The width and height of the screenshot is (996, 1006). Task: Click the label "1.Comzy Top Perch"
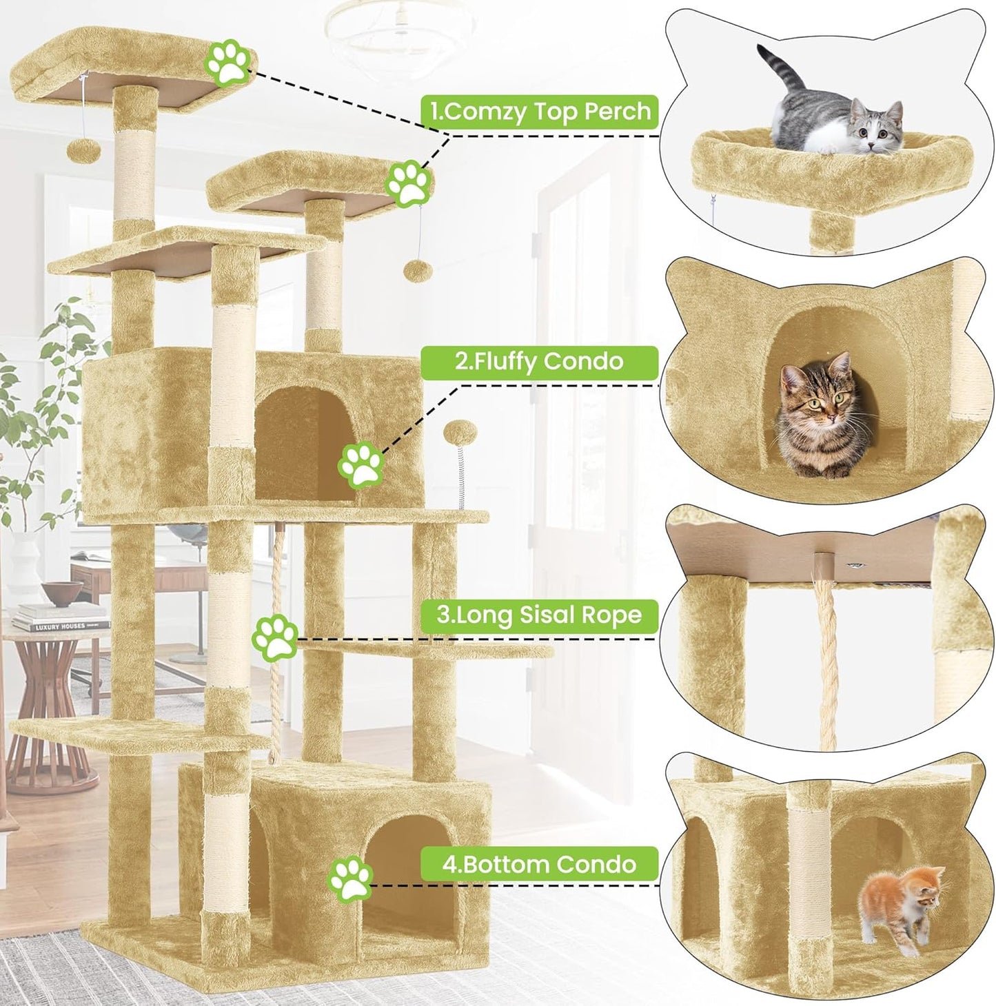pos(540,111)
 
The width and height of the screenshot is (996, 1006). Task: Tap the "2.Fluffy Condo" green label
pos(540,361)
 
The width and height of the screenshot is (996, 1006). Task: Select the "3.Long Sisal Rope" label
pos(540,614)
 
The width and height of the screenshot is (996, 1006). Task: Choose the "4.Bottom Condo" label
pos(540,864)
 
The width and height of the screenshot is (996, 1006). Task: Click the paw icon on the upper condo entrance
pos(360,466)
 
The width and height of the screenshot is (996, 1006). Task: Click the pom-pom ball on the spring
pos(456,434)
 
